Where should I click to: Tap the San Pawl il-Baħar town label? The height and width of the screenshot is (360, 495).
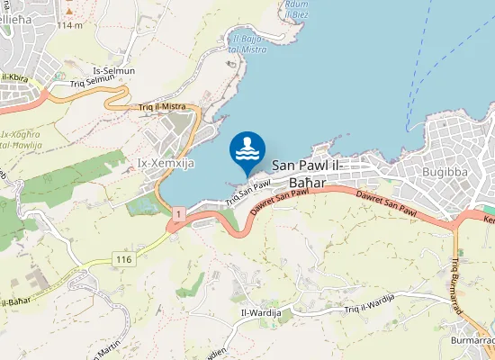tap(318, 174)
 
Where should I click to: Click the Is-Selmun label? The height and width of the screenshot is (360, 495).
tap(113, 70)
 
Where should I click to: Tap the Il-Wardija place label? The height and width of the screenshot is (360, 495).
tap(260, 312)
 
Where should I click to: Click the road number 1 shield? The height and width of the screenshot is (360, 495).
tap(180, 213)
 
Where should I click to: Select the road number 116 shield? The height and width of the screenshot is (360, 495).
tap(123, 259)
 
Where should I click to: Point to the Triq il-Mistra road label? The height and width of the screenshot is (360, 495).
tap(162, 106)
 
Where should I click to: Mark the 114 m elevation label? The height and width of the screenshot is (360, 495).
tap(69, 24)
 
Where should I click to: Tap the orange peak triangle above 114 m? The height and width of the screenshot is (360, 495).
tap(69, 13)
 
